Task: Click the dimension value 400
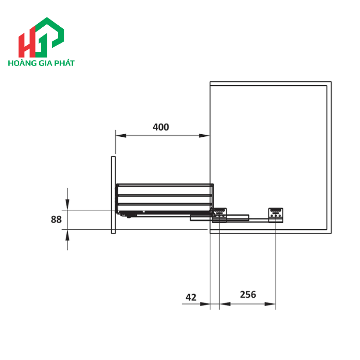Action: pos(160,127)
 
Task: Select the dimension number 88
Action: pos(56,220)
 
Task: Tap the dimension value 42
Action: pos(191,297)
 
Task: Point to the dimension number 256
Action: pos(247,295)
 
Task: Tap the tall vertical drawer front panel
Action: pos(112,195)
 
